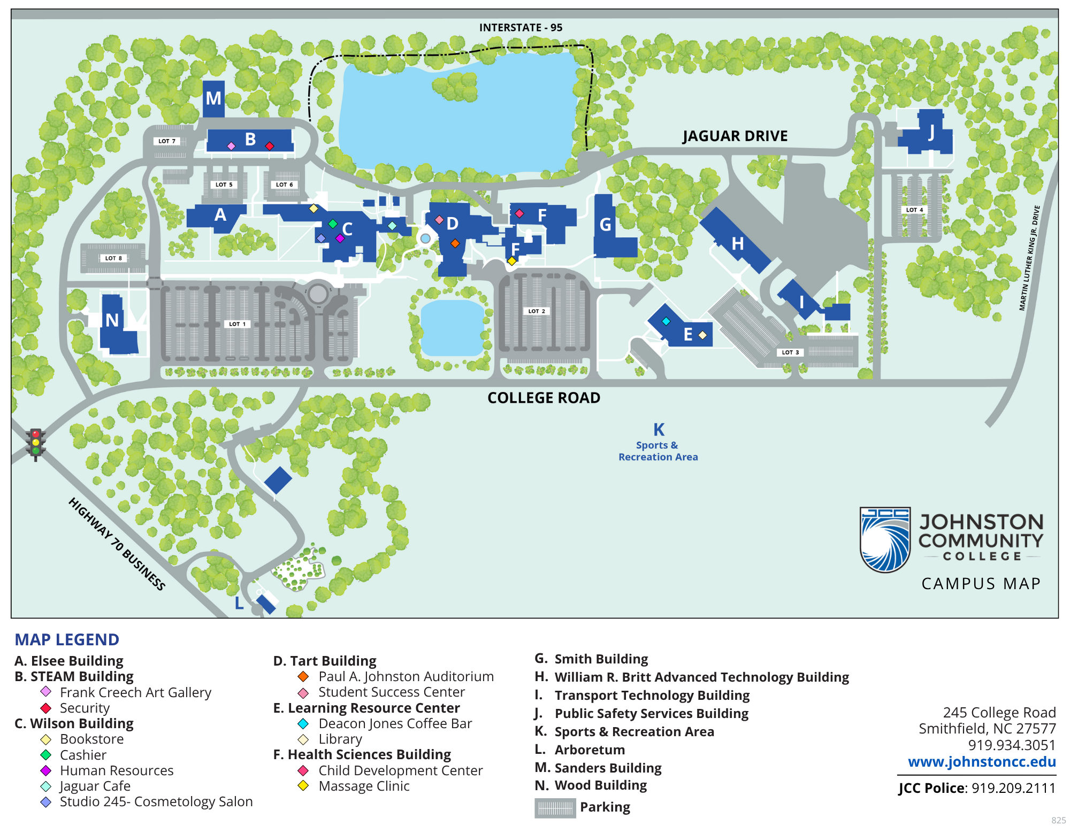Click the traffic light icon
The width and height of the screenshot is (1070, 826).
pyautogui.click(x=36, y=443)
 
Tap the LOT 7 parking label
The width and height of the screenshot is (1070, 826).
pyautogui.click(x=167, y=141)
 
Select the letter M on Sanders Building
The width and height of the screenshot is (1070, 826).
pyautogui.click(x=213, y=98)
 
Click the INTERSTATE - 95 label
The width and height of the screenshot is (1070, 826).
pyautogui.click(x=521, y=28)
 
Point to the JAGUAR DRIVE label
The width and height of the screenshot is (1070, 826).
pyautogui.click(x=735, y=136)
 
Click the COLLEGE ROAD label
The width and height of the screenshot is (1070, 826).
pyautogui.click(x=544, y=398)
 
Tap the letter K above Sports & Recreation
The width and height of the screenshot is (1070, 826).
pyautogui.click(x=659, y=430)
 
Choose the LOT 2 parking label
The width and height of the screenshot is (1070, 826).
pyautogui.click(x=537, y=311)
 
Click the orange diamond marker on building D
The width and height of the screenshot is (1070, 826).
pyautogui.click(x=455, y=243)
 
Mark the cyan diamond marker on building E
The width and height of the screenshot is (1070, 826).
pyautogui.click(x=666, y=321)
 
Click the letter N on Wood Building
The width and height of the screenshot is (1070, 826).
pyautogui.click(x=112, y=320)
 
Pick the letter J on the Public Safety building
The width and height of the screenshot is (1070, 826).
pyautogui.click(x=931, y=132)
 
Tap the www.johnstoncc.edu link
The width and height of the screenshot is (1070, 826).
pyautogui.click(x=982, y=762)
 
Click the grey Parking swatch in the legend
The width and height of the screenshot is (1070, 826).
pyautogui.click(x=555, y=808)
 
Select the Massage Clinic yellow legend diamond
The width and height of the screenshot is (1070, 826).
pyautogui.click(x=303, y=786)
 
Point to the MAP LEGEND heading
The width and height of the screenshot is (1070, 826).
pyautogui.click(x=67, y=639)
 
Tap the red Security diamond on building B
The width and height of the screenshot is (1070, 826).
pyautogui.click(x=270, y=146)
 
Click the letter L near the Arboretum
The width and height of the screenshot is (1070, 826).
pyautogui.click(x=239, y=603)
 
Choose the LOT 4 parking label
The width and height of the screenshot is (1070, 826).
pyautogui.click(x=914, y=210)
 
